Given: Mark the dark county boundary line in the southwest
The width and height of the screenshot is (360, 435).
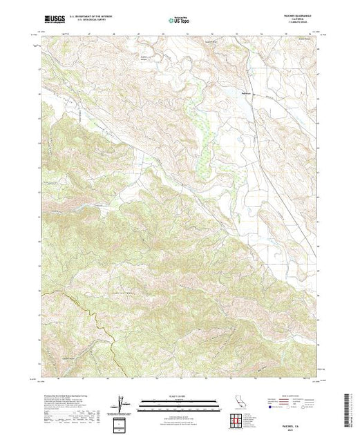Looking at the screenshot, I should (x=70, y=304).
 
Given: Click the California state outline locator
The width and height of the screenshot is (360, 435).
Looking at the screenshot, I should (x=236, y=403).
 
